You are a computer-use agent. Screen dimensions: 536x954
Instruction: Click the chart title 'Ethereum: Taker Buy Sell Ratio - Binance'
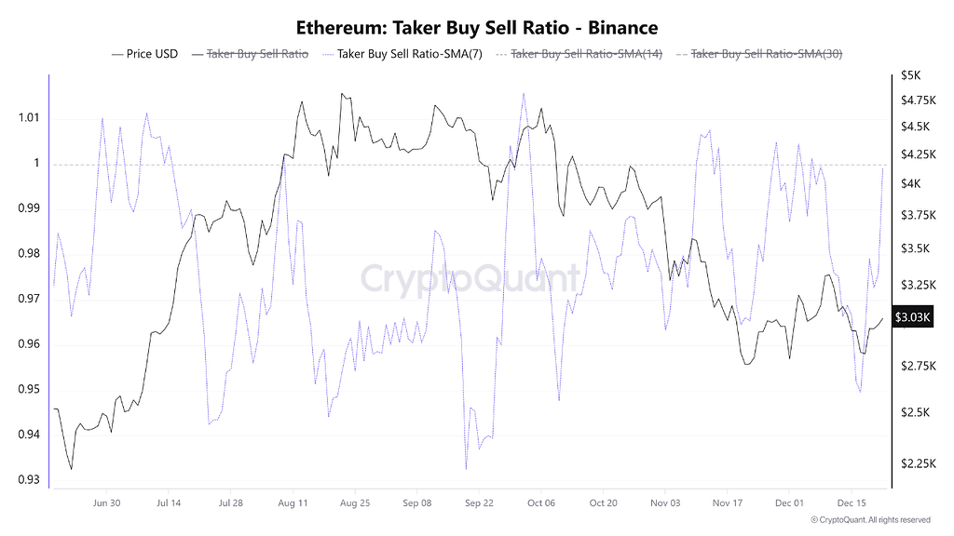[x=476, y=27]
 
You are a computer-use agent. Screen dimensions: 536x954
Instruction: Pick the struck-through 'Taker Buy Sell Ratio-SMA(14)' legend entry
[x=586, y=54]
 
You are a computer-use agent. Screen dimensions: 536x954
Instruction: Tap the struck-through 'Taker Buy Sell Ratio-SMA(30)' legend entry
[x=767, y=54]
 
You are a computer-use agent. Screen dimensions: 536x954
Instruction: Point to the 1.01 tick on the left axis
[x=28, y=118]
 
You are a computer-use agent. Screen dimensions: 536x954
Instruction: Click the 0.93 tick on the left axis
[x=28, y=480]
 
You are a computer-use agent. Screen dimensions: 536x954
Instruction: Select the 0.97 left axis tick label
[x=28, y=299]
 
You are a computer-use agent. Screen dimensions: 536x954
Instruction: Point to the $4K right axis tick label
[x=909, y=184]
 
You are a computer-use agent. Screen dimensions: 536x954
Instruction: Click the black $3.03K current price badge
[x=912, y=317]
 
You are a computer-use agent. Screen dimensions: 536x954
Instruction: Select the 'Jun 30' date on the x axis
[x=107, y=502]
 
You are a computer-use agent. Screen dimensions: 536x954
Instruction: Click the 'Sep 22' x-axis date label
[x=479, y=502]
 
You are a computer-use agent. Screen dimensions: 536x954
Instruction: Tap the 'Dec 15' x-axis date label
[x=851, y=502]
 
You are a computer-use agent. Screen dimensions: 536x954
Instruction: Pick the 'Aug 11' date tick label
[x=293, y=502]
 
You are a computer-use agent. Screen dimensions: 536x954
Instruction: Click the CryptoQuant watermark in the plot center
[x=470, y=278]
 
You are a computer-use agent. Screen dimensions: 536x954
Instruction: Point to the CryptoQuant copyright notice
[x=870, y=519]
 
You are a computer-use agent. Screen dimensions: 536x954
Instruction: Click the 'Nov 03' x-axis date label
[x=665, y=502]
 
